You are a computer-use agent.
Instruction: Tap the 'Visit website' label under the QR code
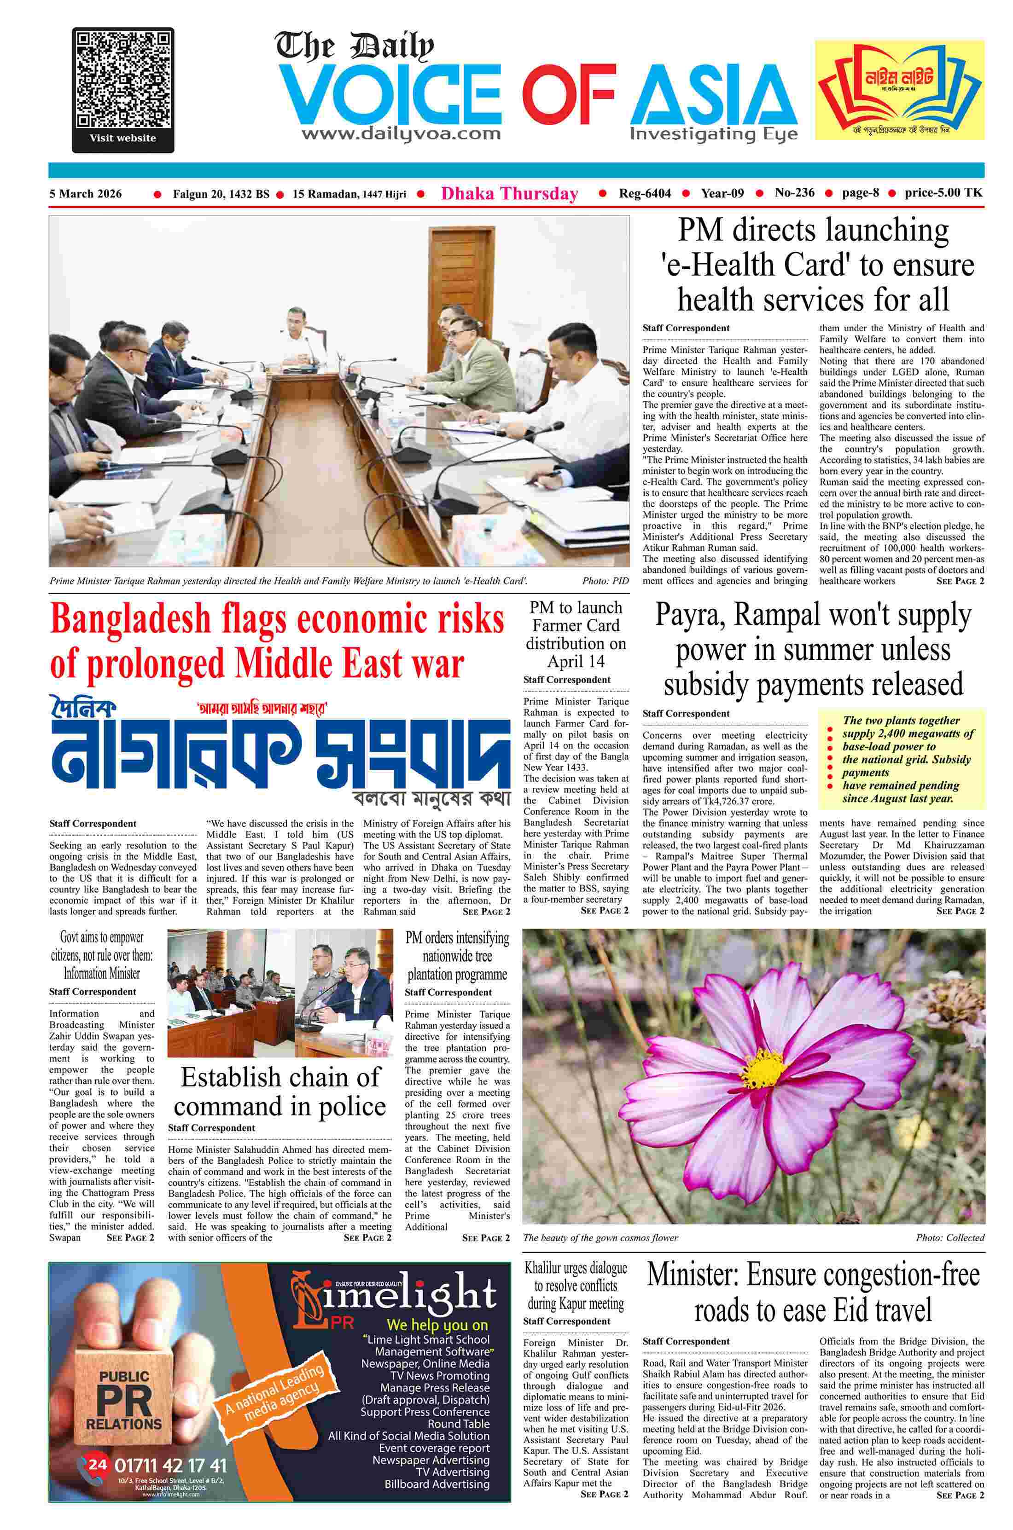(x=123, y=138)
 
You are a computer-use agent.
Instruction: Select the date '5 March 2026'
(x=85, y=194)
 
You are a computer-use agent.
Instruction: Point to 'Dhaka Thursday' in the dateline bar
(x=509, y=194)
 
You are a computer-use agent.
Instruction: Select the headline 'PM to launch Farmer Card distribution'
(x=576, y=634)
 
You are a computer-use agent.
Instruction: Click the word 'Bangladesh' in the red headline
(x=130, y=619)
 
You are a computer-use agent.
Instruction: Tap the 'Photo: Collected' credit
(x=949, y=1237)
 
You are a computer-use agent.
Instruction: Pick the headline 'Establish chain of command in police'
(x=280, y=1091)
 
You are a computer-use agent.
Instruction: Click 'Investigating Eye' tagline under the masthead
(x=713, y=134)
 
